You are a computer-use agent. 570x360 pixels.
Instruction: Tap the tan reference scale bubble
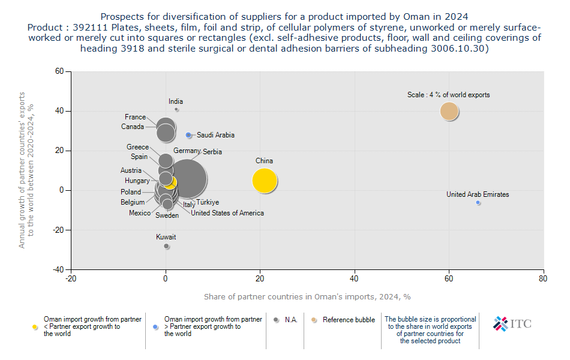[449, 111]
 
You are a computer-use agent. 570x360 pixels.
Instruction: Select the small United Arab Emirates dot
[478, 203]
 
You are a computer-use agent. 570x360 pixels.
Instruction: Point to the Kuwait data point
[166, 246]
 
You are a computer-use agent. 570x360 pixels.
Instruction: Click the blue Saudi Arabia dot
[188, 136]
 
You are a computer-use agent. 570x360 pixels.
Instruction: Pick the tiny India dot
[176, 109]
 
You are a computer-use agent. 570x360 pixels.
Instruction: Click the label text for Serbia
[212, 152]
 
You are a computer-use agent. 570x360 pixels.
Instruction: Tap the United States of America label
[227, 213]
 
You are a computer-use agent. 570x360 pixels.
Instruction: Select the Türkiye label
[208, 203]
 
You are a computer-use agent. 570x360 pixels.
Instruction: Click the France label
[135, 117]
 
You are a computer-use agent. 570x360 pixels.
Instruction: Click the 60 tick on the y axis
[59, 71]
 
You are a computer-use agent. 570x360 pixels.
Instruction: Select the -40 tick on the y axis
[58, 270]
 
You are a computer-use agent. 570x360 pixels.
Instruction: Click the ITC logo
[512, 324]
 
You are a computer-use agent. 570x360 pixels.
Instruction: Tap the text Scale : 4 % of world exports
[449, 95]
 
